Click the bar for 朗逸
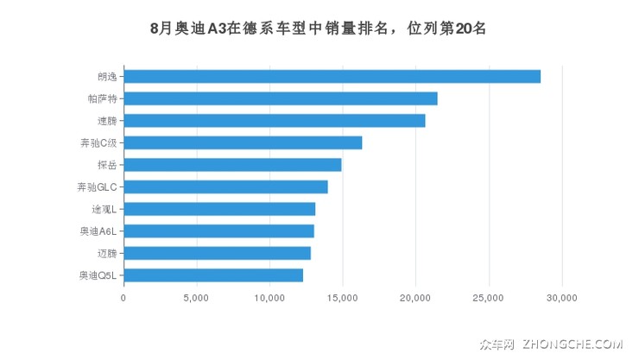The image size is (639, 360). point(332,76)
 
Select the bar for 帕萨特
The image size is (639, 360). point(281,98)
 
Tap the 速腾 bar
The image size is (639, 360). point(275,120)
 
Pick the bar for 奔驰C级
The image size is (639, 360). point(243,142)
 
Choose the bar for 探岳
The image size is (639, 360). point(232,165)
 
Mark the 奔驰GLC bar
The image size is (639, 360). point(225,186)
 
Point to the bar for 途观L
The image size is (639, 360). point(219,209)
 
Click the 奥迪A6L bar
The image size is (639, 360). point(218,231)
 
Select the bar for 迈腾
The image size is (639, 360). point(217,253)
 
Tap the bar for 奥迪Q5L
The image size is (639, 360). point(213,275)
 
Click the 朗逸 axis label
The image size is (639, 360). point(106,76)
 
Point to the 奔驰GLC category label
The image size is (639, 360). point(97,186)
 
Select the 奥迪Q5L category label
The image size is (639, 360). point(97,275)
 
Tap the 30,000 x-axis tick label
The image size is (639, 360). point(561,299)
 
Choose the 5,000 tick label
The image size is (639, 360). point(197,299)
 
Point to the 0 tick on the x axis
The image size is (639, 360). point(123,299)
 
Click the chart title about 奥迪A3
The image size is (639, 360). point(319,28)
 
